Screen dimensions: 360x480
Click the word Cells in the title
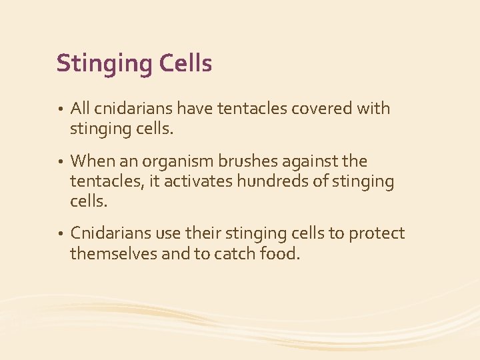point(186,63)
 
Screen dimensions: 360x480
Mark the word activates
point(196,181)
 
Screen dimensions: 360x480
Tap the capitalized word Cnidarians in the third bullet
point(111,233)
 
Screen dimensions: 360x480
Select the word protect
point(377,235)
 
